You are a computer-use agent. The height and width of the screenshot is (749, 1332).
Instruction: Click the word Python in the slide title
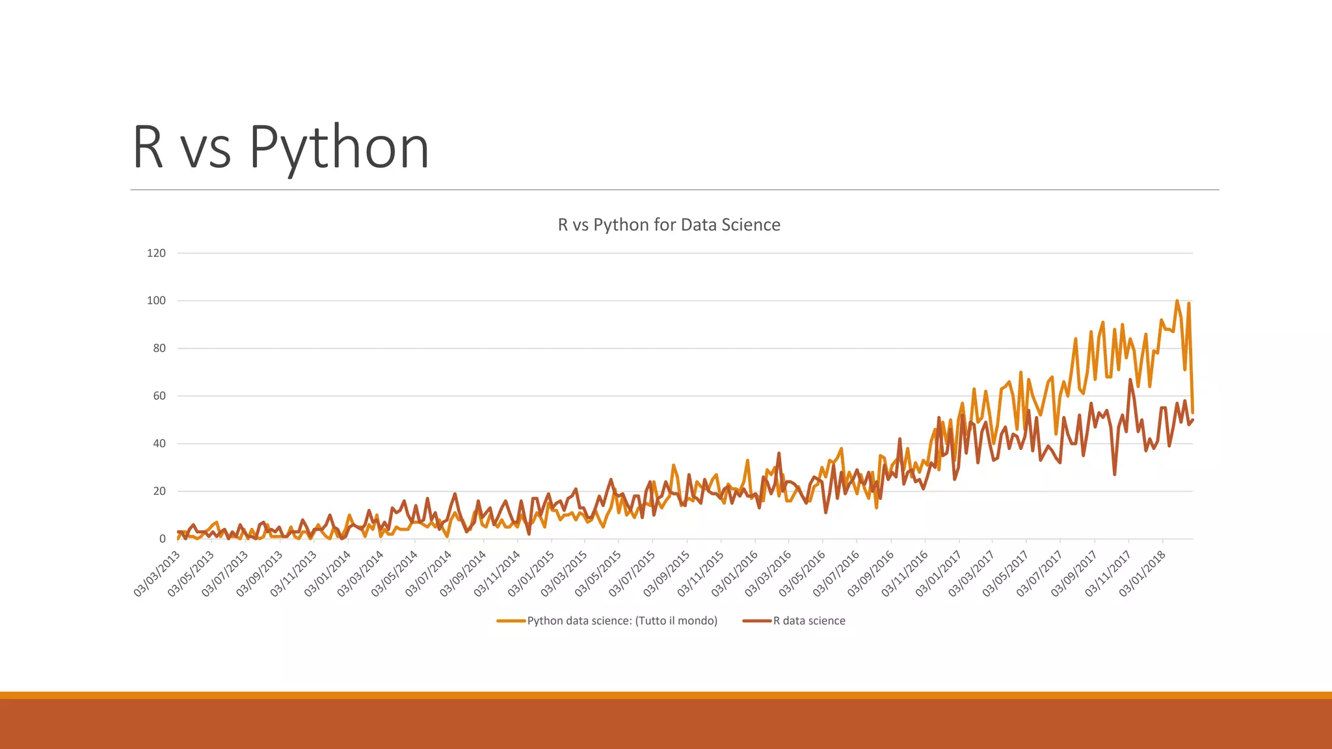pos(338,148)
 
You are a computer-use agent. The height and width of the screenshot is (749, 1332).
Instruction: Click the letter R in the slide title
pos(148,148)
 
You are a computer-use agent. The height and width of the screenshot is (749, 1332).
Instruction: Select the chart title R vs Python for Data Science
pos(669,225)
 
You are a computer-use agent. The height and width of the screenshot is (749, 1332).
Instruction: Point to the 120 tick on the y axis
pos(156,253)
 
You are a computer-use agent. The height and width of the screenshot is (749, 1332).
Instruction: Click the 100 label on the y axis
pos(156,300)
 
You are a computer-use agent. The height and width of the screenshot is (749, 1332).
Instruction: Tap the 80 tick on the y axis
pos(159,348)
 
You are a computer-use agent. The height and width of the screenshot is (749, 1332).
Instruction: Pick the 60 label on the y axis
pos(159,396)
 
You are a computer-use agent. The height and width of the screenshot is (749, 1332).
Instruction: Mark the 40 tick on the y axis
pos(159,443)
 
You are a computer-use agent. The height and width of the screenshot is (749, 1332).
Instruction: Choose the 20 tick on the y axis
pos(159,491)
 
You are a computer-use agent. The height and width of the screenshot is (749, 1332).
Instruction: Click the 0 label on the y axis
pos(163,539)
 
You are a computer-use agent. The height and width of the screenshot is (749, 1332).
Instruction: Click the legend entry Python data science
pos(621,621)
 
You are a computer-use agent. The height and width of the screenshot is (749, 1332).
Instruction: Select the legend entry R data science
pos(808,621)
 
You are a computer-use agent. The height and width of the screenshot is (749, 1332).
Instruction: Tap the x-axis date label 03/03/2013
pos(157,573)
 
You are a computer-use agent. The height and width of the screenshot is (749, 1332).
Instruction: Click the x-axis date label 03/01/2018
pos(1142,573)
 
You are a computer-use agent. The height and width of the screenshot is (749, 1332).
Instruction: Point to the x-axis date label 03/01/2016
pos(734,573)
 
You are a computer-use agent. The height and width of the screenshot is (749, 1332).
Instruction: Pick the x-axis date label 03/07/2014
pos(428,573)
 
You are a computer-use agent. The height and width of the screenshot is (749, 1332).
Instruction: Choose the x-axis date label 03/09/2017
pos(1074,573)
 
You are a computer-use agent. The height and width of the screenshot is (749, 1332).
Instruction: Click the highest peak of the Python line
pos(1177,301)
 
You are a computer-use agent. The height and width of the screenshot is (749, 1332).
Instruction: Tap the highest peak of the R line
pos(1130,380)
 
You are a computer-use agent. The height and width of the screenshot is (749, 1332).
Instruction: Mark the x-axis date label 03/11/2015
pos(700,573)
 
